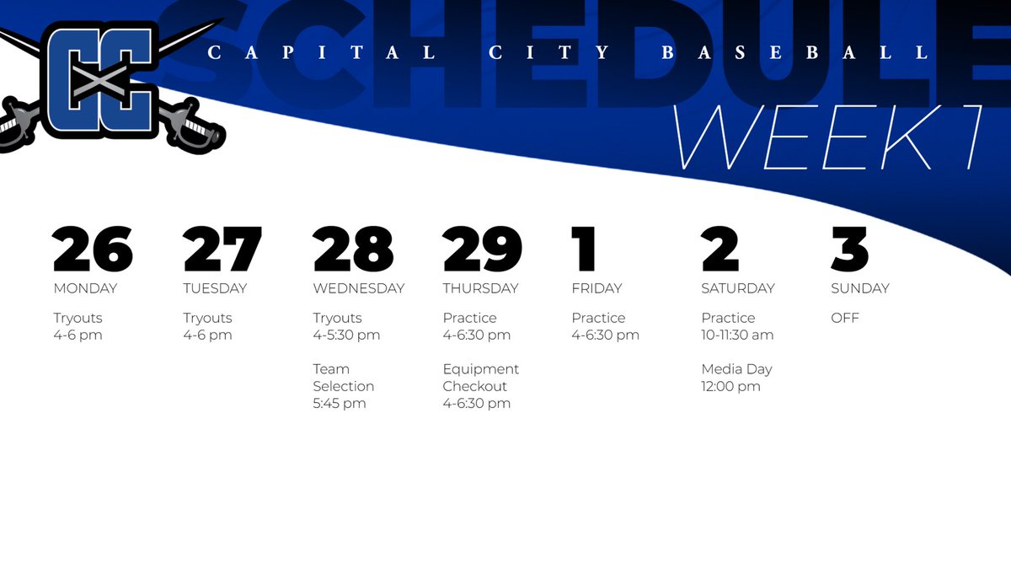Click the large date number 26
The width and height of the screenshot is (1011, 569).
[x=93, y=250]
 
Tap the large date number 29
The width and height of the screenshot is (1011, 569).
[x=482, y=250]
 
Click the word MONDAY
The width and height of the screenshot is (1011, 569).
[x=85, y=288]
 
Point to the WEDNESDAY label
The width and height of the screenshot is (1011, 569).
[x=358, y=288]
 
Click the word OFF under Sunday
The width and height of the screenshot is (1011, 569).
[x=845, y=319]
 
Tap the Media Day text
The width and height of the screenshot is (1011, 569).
[x=736, y=369]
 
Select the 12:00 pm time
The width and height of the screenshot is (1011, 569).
[x=730, y=387]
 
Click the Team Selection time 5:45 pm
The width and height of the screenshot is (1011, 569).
[x=339, y=404]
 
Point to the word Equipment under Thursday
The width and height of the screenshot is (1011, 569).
[x=480, y=369]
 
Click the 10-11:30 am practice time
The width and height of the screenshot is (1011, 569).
[x=737, y=335]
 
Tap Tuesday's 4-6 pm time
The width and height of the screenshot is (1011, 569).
[x=207, y=335]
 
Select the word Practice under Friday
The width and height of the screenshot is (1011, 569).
[x=598, y=319]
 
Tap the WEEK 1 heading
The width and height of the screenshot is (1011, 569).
[x=830, y=137]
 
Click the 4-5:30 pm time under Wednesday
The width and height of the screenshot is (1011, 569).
[x=346, y=335]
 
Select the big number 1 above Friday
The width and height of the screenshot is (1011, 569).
[x=584, y=250]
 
